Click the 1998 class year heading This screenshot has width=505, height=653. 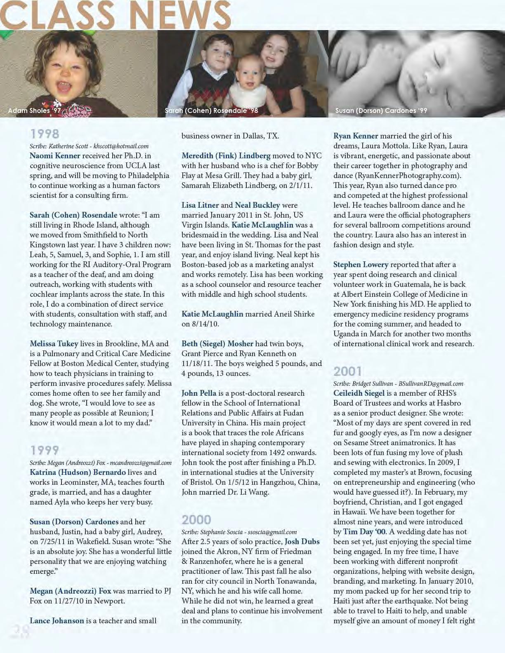45,134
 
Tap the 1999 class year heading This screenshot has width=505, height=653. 45,450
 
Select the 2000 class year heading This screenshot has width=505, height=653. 196,519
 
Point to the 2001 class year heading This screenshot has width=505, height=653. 348,371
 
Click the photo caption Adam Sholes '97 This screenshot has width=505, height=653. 34,110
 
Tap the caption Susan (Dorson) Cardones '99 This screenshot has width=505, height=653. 381,110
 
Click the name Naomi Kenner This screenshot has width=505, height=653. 55,156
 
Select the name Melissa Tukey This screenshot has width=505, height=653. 54,344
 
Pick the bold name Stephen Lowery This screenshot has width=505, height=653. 361,265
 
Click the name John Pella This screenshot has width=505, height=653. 199,393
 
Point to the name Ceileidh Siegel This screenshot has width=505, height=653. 359,393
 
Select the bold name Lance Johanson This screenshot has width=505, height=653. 57,621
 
